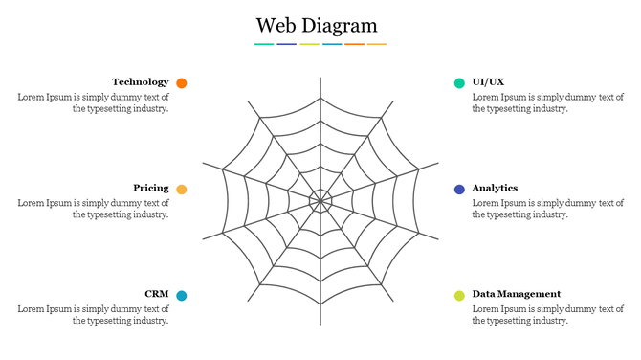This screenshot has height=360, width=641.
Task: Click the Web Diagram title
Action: click(x=317, y=25)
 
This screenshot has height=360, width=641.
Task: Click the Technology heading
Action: click(x=140, y=82)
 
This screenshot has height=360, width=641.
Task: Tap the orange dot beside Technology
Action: click(x=182, y=83)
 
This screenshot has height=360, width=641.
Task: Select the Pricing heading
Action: click(x=151, y=189)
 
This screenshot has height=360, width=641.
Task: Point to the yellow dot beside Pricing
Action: click(x=182, y=190)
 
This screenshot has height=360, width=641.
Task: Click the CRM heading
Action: click(x=157, y=294)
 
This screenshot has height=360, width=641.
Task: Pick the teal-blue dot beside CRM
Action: click(x=182, y=296)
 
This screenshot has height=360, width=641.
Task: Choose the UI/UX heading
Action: click(x=488, y=82)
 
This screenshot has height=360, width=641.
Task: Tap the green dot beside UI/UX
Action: click(x=459, y=83)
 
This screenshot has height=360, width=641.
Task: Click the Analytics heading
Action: click(x=495, y=189)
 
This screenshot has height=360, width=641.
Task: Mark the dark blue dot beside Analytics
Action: click(x=459, y=190)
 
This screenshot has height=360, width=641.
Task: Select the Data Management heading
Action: click(x=517, y=294)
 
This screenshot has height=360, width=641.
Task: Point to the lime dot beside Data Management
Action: click(x=459, y=296)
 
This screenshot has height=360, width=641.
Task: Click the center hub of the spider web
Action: click(x=320, y=201)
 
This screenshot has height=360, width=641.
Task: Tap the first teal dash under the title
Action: click(x=264, y=44)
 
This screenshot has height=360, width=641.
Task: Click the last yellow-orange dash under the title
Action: click(x=377, y=44)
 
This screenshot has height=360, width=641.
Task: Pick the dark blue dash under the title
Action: click(x=286, y=44)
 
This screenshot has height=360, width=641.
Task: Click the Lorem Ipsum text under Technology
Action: click(x=94, y=103)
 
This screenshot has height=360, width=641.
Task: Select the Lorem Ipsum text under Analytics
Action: click(x=548, y=209)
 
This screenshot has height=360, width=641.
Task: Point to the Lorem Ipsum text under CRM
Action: click(x=94, y=315)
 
